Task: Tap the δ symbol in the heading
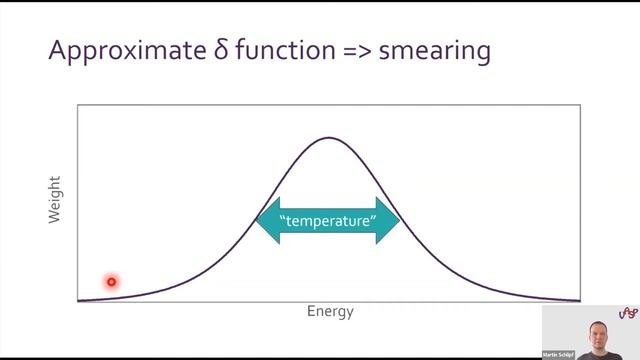(221, 49)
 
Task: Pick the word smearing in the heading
(439, 52)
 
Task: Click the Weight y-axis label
(55, 199)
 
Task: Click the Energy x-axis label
(330, 311)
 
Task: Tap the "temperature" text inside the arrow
(328, 221)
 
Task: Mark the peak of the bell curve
(329, 137)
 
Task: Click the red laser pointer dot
(111, 282)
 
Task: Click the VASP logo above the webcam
(627, 313)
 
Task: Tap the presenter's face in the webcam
(599, 333)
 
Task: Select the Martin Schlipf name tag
(558, 354)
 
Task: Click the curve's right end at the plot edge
(579, 299)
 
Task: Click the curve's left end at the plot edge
(79, 299)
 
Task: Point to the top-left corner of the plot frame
(78, 104)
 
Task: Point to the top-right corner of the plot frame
(580, 104)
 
